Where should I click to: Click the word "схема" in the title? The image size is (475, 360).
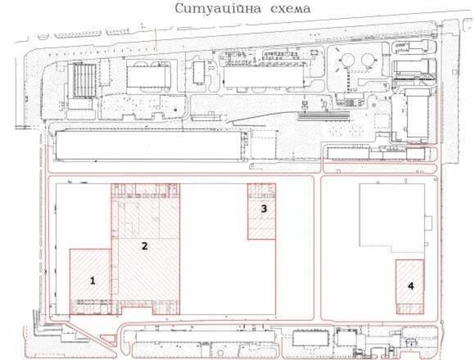(280, 10)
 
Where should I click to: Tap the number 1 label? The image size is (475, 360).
(92, 280)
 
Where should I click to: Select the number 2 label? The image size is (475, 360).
(144, 245)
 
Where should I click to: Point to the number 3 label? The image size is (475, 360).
(263, 209)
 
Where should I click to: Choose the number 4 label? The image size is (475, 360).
(411, 286)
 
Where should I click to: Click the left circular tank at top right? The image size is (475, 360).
(346, 60)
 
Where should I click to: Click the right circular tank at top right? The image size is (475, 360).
(367, 60)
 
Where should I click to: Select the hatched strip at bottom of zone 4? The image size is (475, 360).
(410, 308)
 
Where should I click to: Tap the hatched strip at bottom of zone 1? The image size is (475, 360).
(90, 307)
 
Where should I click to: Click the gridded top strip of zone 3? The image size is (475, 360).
(262, 191)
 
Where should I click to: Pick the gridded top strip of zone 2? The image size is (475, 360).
(146, 191)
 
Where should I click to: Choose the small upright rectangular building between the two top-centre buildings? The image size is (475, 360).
(199, 73)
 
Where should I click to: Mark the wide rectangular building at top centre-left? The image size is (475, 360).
(148, 76)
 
